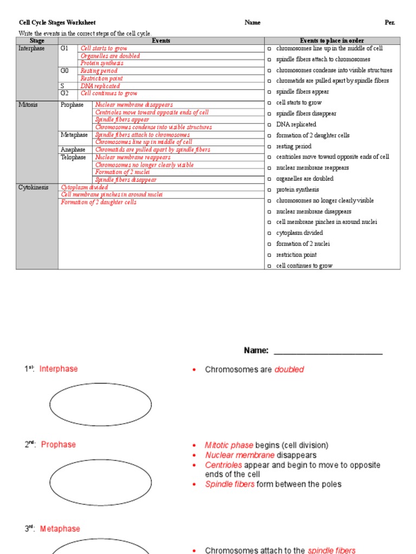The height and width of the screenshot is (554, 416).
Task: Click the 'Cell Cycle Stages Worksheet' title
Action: [57, 23]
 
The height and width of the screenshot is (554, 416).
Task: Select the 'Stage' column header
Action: [37, 41]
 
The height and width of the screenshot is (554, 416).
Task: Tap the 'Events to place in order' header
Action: [332, 41]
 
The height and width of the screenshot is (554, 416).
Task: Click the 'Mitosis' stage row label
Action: [28, 105]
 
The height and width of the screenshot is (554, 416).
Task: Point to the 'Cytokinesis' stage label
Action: [33, 187]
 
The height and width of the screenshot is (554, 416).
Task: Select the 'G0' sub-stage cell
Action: [64, 71]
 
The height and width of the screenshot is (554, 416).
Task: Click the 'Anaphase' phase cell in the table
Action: [73, 150]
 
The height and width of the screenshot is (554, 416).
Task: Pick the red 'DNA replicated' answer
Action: [100, 86]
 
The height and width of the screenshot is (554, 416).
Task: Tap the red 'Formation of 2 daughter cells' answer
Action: [99, 202]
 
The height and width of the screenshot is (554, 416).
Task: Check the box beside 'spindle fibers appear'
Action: [269, 92]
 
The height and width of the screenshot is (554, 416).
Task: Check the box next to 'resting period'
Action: [269, 147]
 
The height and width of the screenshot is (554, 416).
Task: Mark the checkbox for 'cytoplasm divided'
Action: [269, 233]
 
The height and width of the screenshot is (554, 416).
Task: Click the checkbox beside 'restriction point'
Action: [269, 255]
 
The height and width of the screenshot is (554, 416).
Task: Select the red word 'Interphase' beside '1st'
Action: [58, 369]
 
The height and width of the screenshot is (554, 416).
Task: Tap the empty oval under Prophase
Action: [101, 482]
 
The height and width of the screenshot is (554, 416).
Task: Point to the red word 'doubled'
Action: [289, 370]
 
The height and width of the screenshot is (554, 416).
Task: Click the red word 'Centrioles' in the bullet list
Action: [224, 465]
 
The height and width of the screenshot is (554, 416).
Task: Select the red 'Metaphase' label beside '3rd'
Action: [60, 529]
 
